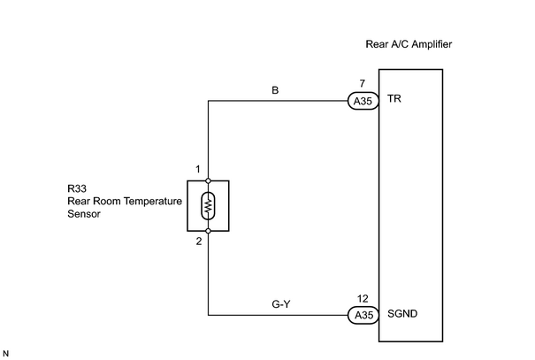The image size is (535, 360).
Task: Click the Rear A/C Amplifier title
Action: coord(409,44)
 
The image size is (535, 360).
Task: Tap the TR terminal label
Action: coord(394,98)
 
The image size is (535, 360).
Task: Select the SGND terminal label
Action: coord(402,314)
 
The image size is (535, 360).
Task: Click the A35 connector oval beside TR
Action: coord(363,101)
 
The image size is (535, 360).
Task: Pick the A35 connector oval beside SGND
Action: coord(363,315)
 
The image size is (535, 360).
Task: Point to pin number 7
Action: coord(362,83)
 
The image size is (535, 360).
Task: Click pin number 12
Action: coord(363,299)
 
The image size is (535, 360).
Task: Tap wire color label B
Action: coord(275,90)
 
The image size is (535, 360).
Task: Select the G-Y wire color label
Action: coord(281,303)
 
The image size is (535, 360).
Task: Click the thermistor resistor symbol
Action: coord(208,206)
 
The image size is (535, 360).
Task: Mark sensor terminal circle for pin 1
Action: coord(208,180)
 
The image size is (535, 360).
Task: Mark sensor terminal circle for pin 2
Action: coord(208,231)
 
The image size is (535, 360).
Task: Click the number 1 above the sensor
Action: coord(198,169)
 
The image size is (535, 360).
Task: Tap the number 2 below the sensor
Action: coord(199,241)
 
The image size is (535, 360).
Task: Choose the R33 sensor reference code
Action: coord(77,188)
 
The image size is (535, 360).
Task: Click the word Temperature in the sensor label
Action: coord(153,202)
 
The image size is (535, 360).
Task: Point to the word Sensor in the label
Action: coord(84,214)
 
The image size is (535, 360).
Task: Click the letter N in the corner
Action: coord(6,354)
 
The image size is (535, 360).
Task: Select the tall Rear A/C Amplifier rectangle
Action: coord(378,205)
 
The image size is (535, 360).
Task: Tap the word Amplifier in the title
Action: coord(432,44)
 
